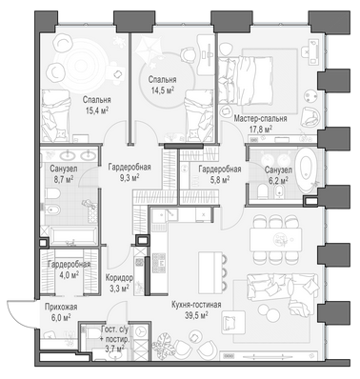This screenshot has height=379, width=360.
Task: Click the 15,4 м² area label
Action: click(97, 110)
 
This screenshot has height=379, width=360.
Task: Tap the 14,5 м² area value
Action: click(163, 90)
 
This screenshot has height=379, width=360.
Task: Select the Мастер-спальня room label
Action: click(260, 119)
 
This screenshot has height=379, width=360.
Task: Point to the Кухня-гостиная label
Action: click(196, 305)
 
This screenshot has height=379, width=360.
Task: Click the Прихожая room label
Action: click(61, 307)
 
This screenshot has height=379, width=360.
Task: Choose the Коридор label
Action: click(119, 278)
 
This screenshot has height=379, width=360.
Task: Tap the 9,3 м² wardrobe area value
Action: click(130, 177)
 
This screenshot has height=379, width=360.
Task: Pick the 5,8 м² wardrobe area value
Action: click(220, 180)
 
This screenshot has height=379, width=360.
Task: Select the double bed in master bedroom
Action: click(246, 81)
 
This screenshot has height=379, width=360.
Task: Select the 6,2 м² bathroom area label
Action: click(276, 180)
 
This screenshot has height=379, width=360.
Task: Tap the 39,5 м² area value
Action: click(196, 314)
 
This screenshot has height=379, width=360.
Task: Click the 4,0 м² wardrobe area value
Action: click(69, 274)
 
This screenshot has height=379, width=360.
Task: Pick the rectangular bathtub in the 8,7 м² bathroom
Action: click(73, 236)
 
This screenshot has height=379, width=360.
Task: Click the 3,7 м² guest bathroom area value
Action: click(114, 349)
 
